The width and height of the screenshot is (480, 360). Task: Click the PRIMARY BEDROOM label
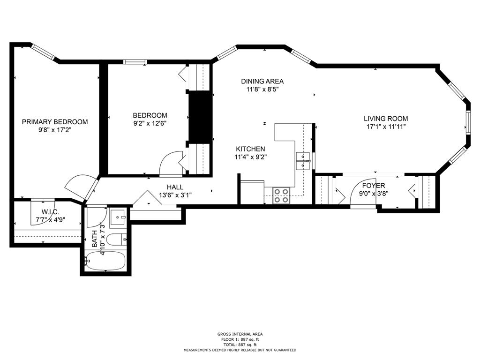(x=55, y=122)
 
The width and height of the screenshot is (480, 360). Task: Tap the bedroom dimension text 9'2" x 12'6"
(x=150, y=124)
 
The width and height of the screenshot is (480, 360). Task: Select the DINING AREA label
(x=262, y=81)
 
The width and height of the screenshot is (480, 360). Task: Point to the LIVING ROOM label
(x=386, y=119)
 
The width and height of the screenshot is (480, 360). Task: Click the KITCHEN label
(x=250, y=149)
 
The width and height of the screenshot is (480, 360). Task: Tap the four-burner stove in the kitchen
(x=281, y=195)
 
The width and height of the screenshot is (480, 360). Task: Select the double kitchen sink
(x=304, y=160)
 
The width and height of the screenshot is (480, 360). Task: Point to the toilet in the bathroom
(x=115, y=240)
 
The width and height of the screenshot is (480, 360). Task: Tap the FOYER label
(x=374, y=186)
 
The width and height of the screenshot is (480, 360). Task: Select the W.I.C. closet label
(x=49, y=211)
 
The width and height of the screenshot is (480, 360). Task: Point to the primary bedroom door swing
(x=77, y=186)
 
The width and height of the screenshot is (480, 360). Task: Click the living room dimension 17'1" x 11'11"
(x=386, y=127)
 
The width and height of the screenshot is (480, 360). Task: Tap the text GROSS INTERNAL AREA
(x=240, y=334)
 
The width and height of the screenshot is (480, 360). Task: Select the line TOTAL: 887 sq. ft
(x=240, y=344)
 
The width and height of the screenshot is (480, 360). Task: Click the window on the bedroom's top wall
(x=135, y=61)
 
